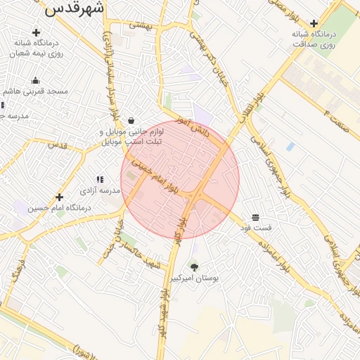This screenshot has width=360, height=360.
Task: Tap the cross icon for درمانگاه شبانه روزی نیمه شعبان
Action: tap(36, 32)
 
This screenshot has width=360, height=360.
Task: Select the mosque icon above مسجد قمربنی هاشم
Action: tap(35, 80)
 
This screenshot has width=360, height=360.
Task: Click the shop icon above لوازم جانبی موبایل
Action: tap(131, 120)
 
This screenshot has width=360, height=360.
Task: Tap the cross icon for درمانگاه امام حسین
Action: tap(59, 198)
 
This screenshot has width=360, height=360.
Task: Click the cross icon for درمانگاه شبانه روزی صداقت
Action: tap(314, 23)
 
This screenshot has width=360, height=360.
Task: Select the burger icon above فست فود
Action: tap(255, 217)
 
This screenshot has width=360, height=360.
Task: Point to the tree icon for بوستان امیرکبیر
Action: tap(194, 267)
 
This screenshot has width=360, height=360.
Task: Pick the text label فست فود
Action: tap(256, 228)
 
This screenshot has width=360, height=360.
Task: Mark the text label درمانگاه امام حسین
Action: tap(60, 209)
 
